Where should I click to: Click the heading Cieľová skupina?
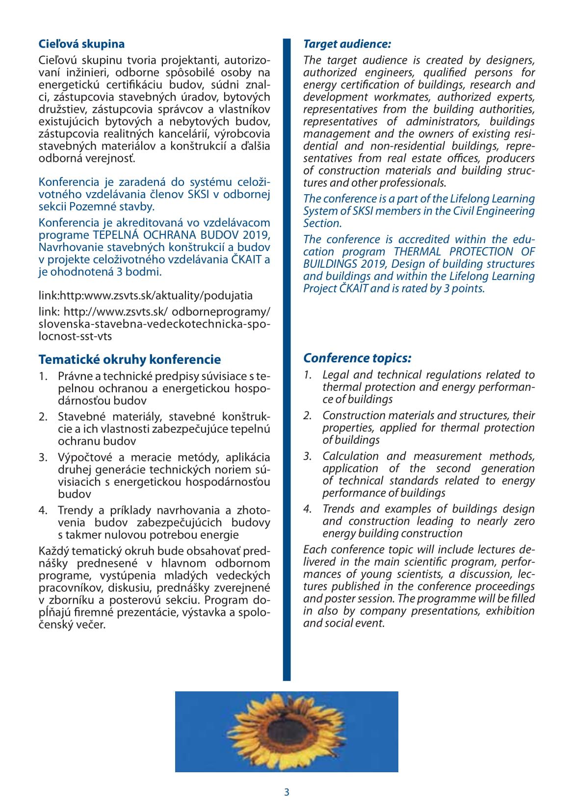point(81,44)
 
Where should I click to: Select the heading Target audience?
point(347,44)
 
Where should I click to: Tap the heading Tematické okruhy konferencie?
point(130,359)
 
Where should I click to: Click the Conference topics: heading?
point(357,358)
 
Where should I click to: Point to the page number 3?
point(287,792)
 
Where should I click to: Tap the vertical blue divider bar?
point(287,358)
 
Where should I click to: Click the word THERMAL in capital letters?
point(417,252)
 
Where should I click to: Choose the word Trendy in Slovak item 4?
point(75,510)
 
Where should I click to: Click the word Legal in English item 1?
point(336,375)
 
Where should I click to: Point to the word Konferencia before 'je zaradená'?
point(69,182)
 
